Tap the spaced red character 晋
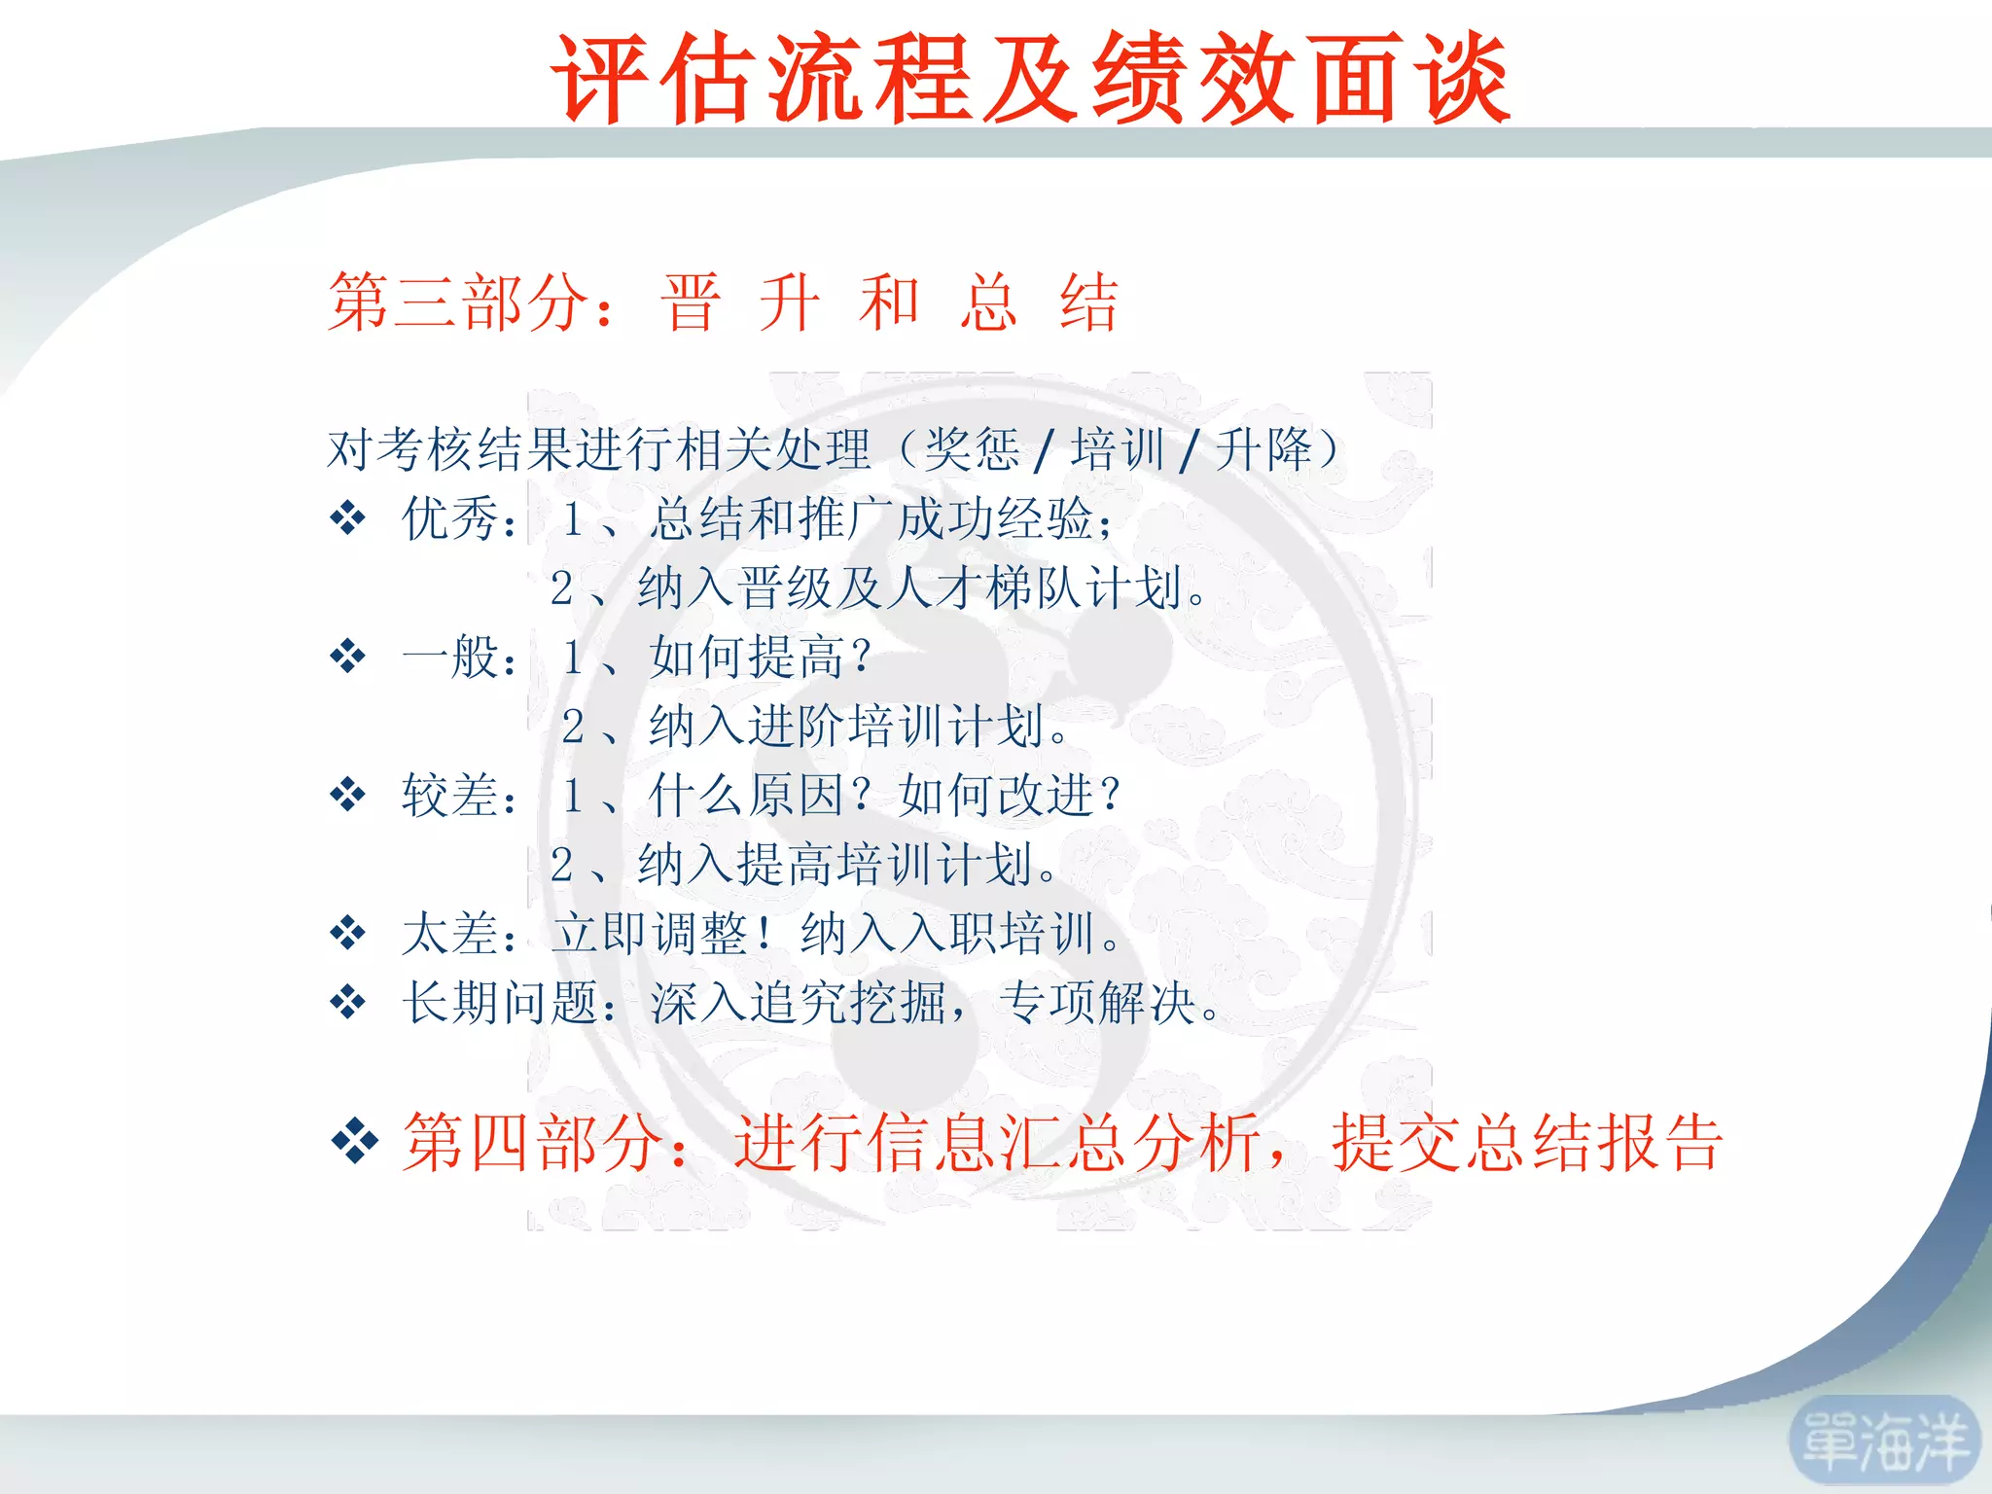[691, 302]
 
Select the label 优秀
[450, 518]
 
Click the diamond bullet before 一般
[347, 657]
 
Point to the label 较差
[450, 796]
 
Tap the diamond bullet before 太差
[347, 934]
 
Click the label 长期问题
[500, 1003]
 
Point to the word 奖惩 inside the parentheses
[971, 449]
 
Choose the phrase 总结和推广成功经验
[871, 518]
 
